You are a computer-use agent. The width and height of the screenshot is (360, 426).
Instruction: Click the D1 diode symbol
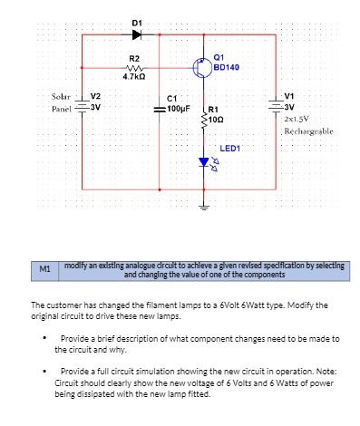136,34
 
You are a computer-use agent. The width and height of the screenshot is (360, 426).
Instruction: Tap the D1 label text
136,21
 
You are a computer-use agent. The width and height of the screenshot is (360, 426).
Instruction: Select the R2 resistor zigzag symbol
134,68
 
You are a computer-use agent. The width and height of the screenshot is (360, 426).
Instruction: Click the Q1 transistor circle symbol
201,67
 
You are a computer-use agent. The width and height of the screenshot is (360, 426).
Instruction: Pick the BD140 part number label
228,68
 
